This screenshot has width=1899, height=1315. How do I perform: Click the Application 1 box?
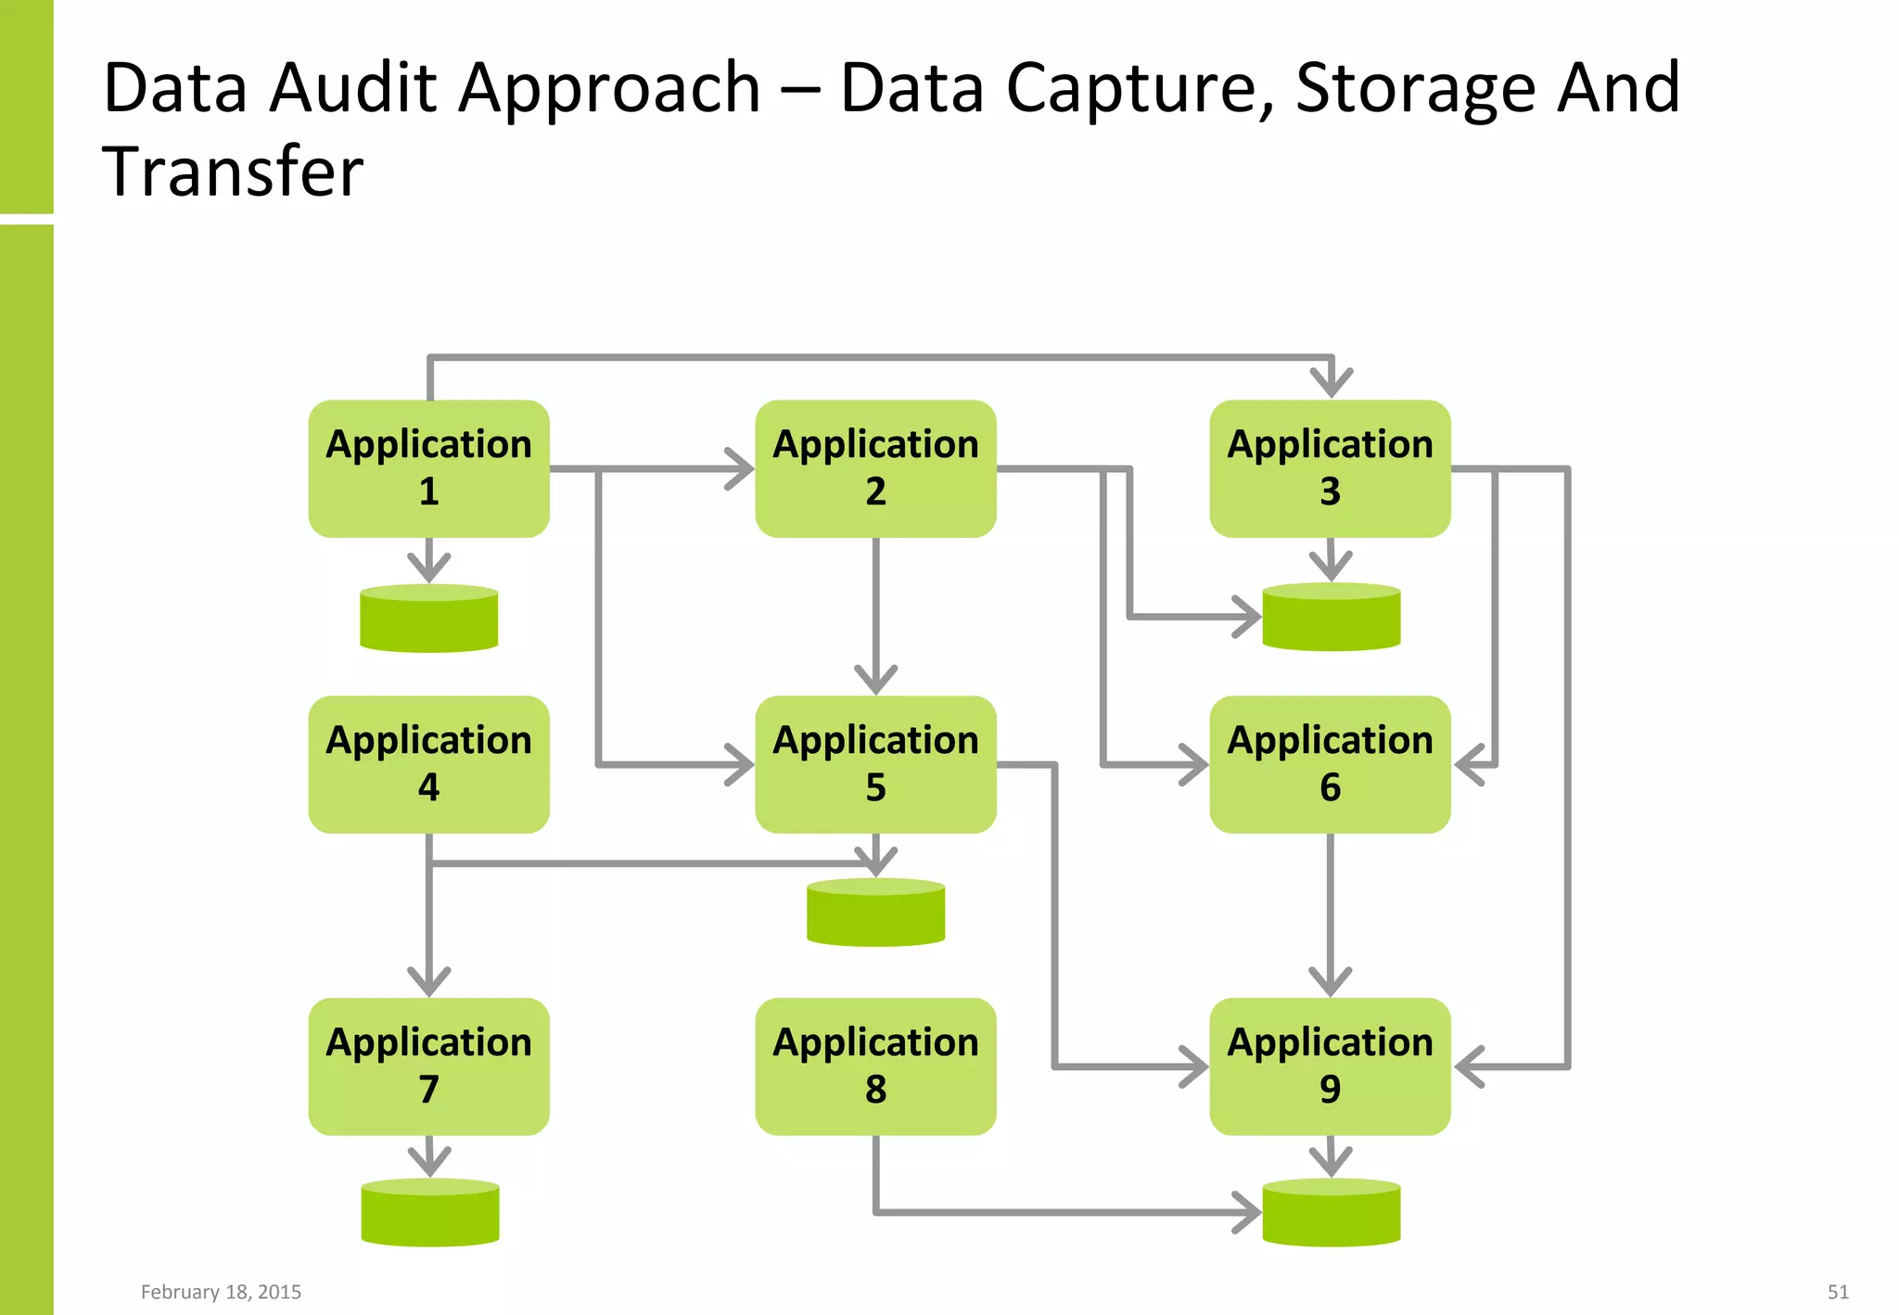point(428,468)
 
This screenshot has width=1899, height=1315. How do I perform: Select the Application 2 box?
point(875,468)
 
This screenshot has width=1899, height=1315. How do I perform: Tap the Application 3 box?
point(1330,468)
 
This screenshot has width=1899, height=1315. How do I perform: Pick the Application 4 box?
point(428,764)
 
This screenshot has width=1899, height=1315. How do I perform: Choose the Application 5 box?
point(875,764)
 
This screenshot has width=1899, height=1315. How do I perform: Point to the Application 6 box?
point(1330,764)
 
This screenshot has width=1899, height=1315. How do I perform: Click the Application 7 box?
point(428,1066)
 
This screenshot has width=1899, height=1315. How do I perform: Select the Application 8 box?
point(875,1066)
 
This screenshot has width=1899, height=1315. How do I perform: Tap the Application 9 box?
point(1330,1066)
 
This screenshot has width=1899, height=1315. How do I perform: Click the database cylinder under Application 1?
point(428,619)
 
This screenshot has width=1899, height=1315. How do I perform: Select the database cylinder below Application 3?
point(1332,617)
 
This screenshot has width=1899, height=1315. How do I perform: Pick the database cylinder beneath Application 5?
point(875,913)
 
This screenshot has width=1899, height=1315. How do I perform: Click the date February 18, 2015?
point(221,1292)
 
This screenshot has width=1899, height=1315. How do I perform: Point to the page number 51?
point(1838,1292)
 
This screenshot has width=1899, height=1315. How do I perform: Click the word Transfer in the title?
point(233,172)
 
